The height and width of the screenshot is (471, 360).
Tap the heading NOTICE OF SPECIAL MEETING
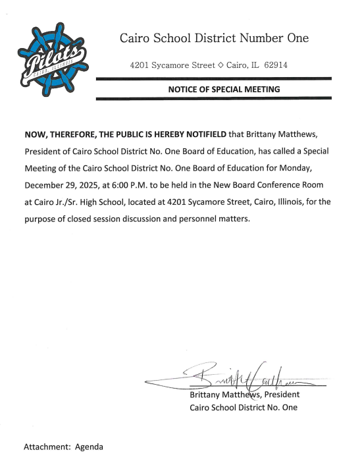pos(224,89)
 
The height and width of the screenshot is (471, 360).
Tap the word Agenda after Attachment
pos(89,447)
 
